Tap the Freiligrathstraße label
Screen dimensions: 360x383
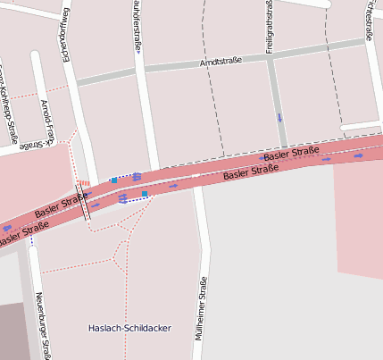pos(269,27)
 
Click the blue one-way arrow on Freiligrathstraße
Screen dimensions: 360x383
pos(279,117)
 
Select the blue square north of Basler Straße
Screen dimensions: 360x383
pos(114,180)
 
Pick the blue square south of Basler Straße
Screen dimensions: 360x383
pos(145,193)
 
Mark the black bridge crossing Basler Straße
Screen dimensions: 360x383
pos(86,202)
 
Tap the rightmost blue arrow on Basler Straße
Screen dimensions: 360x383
pos(358,155)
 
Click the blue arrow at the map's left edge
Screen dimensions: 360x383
pos(7,229)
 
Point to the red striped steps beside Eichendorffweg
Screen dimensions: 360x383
pos(85,183)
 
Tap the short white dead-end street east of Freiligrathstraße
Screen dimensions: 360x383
pos(362,126)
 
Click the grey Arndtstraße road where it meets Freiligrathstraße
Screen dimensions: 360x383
pos(271,55)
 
